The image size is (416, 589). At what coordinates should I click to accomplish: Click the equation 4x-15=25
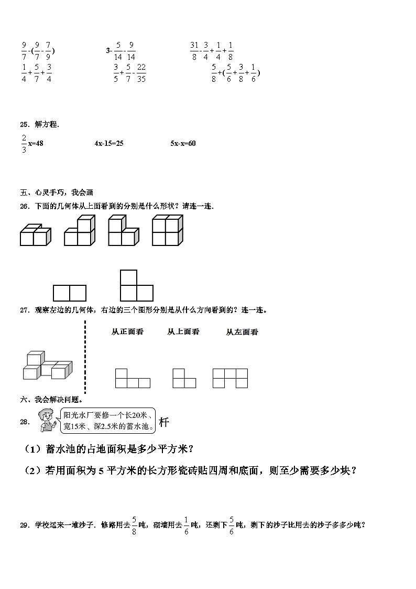(x=109, y=143)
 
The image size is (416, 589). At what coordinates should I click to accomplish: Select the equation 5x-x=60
(x=183, y=143)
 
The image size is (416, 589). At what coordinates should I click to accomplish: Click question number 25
(x=24, y=124)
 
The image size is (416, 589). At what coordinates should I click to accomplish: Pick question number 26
(x=24, y=206)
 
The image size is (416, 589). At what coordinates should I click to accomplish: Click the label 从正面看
(x=127, y=332)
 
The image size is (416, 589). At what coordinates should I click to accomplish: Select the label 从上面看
(x=183, y=332)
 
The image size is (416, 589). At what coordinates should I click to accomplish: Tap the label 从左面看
(x=242, y=332)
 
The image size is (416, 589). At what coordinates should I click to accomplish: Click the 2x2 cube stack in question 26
(x=167, y=230)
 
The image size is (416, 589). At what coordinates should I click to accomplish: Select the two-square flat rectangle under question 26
(x=70, y=293)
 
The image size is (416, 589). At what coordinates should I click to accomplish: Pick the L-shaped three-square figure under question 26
(x=136, y=286)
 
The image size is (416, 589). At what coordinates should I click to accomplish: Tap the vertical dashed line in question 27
(x=85, y=357)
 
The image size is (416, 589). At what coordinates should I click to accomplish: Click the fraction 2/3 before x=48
(x=24, y=143)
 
